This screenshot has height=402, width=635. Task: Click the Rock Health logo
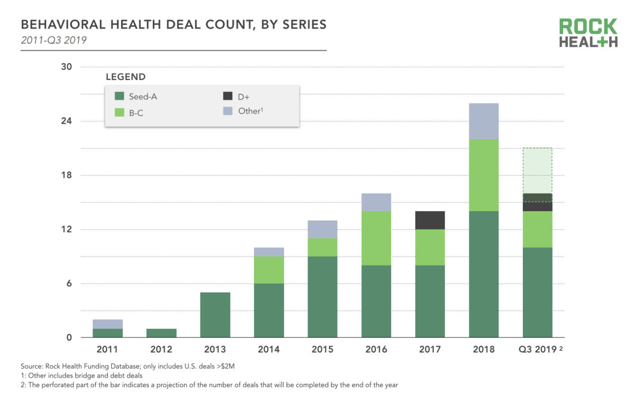click(x=588, y=33)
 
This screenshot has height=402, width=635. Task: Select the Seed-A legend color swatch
click(x=120, y=96)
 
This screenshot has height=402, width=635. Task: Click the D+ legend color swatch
click(x=228, y=96)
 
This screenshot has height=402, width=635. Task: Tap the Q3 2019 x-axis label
click(x=537, y=350)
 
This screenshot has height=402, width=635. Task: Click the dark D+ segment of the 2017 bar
click(x=430, y=220)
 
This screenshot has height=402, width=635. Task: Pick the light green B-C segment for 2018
click(x=484, y=175)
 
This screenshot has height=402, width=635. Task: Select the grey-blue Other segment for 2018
click(x=484, y=121)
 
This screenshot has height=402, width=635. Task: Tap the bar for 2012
click(x=161, y=333)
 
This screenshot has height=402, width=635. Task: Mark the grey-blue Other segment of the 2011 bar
click(x=107, y=324)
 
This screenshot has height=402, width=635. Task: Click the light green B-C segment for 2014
click(x=269, y=270)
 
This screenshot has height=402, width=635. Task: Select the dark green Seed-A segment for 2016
click(x=376, y=301)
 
